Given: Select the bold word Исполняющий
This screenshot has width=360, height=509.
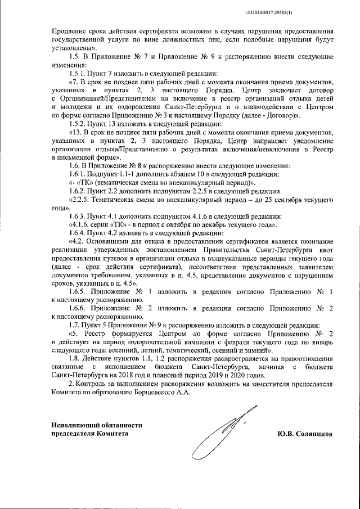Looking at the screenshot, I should tap(74, 425).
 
